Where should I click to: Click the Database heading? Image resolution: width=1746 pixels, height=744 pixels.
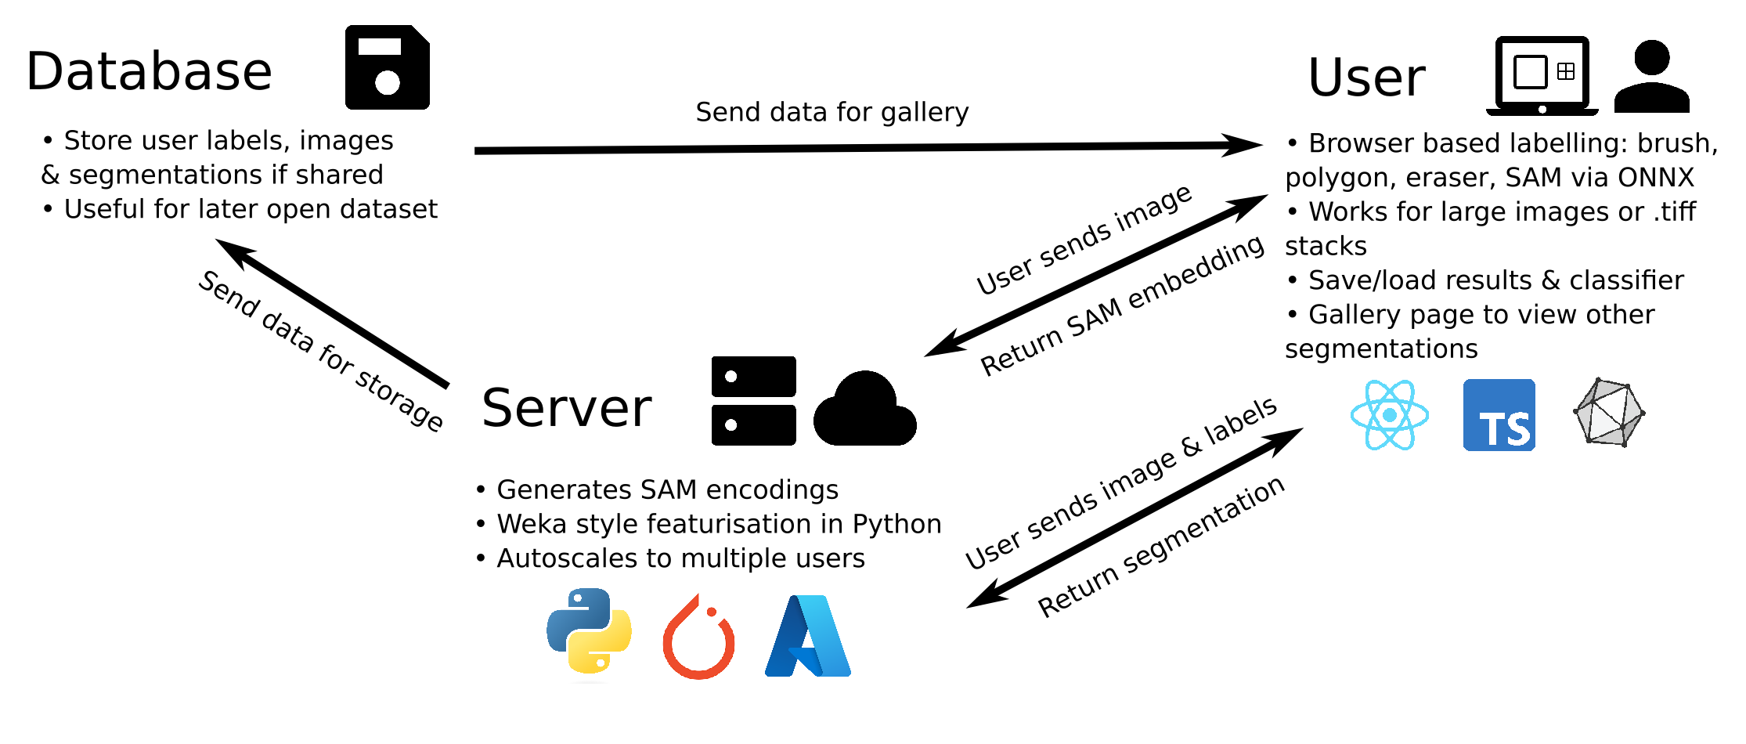(149, 71)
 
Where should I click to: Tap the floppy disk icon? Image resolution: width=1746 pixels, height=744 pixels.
(388, 67)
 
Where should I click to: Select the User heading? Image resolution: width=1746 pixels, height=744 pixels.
(1366, 78)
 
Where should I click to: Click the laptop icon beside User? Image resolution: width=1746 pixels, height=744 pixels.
(1542, 75)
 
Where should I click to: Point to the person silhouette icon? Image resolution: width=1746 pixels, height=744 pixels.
(1652, 77)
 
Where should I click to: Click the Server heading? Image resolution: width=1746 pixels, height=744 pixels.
(566, 408)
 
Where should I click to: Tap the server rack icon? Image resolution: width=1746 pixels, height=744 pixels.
(753, 401)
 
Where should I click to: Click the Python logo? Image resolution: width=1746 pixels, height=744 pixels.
(589, 631)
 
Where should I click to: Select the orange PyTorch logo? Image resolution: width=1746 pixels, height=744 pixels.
(698, 637)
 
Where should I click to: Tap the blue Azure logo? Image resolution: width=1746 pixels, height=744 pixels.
(808, 636)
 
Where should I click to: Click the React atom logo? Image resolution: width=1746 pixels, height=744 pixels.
(1390, 415)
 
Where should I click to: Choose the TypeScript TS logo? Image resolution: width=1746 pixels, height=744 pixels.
(1499, 415)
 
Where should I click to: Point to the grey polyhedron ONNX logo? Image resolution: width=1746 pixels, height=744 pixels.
(1609, 413)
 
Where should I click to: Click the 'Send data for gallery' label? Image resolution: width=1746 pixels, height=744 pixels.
(832, 113)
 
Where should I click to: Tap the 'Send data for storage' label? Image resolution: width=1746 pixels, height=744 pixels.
(321, 351)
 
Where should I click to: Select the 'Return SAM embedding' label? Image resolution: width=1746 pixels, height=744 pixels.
(1121, 306)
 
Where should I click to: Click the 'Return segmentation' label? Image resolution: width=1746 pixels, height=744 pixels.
(1160, 547)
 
